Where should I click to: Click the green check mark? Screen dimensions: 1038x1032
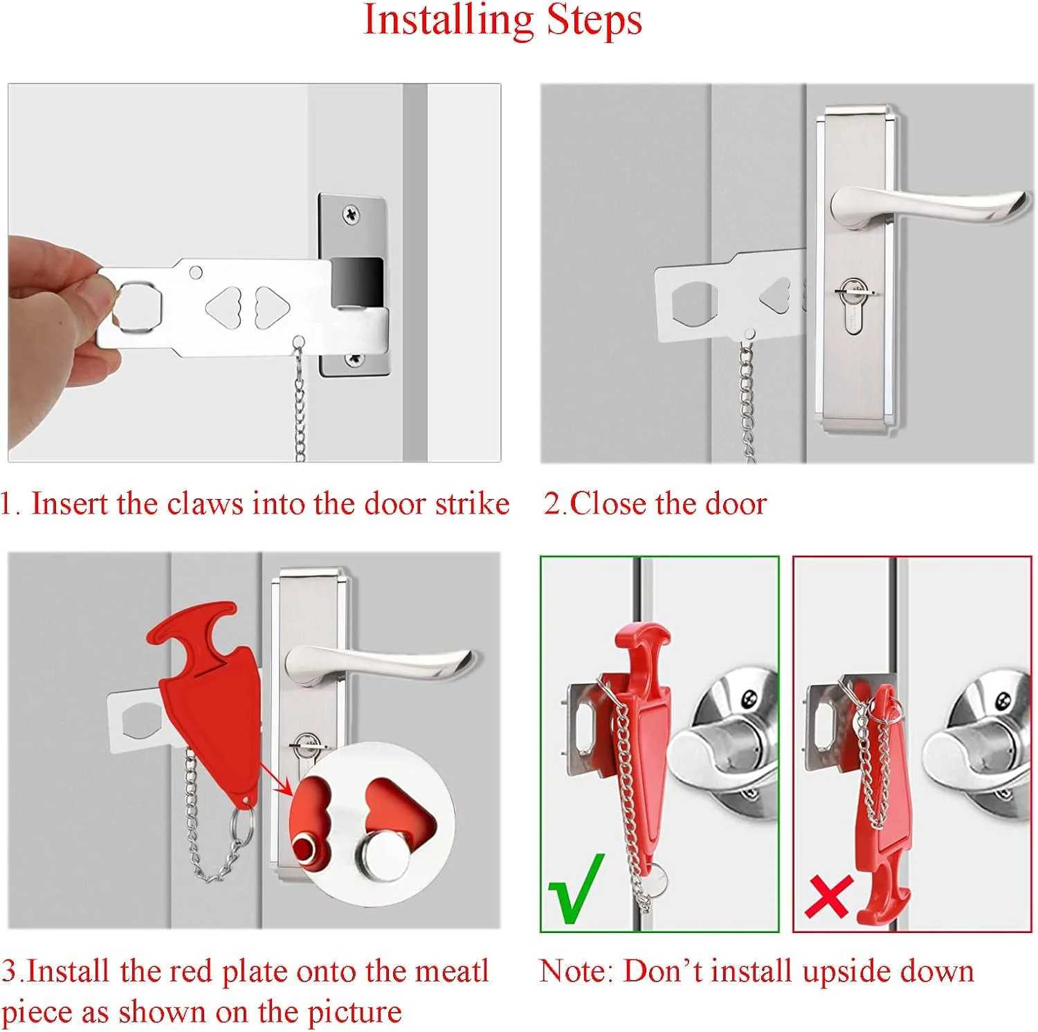576,889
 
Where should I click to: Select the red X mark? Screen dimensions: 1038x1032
828,897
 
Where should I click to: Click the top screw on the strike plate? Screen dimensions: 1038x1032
352,215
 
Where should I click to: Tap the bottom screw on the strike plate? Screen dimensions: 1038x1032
354,359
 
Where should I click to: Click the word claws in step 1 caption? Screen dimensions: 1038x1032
206,504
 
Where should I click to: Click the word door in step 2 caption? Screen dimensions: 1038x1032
736,504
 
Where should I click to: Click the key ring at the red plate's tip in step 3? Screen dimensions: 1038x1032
242,826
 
